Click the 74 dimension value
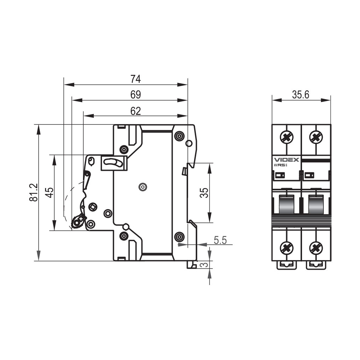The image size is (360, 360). [x=135, y=79]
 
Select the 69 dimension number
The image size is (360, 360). [x=135, y=95]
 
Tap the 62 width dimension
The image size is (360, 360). [x=135, y=111]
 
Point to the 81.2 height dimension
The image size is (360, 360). [x=34, y=192]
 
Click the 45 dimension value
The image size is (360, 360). [x=49, y=192]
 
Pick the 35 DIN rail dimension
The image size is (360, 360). [x=204, y=193]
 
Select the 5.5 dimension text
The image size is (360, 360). [x=220, y=240]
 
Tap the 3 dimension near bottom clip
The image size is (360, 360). [x=204, y=265]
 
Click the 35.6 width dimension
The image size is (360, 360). [x=301, y=95]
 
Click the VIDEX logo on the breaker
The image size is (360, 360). [x=287, y=160]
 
